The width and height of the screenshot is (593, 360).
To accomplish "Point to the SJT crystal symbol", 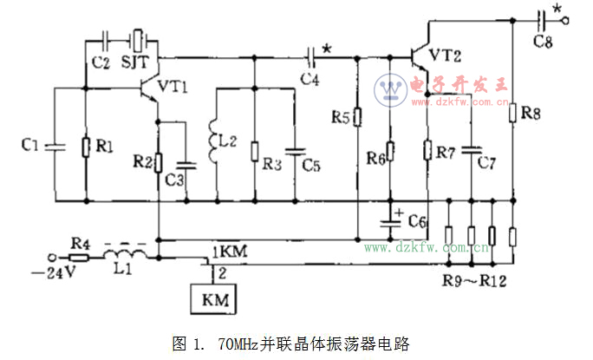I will coord(139,39).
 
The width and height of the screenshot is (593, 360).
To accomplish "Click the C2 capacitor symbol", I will coord(105,39).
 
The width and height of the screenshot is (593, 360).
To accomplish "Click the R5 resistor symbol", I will coord(356,117).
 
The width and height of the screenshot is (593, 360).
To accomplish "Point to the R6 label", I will coord(375,159).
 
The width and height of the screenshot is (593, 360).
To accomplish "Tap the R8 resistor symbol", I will coord(512,114).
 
